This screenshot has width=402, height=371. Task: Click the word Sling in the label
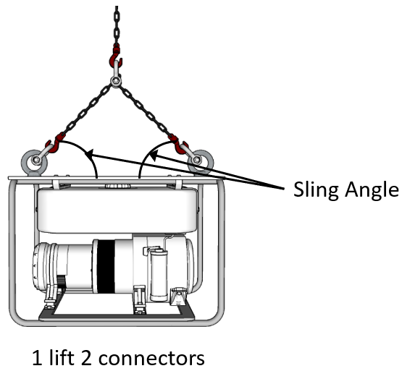pos(317,190)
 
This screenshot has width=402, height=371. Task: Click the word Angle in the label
pos(372,190)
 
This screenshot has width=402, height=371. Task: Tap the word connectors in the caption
pos(151,358)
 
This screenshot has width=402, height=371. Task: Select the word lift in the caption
pos(62,357)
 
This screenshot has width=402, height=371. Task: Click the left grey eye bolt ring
pos(34,162)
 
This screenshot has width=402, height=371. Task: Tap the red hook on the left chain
pos(54,143)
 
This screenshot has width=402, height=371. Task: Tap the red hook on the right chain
pos(178,144)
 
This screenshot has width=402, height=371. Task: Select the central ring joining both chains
pos(116,82)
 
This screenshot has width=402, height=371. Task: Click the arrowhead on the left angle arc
pos(88,154)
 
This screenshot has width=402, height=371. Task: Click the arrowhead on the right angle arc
pos(153,155)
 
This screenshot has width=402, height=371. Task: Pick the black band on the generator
pos(106,266)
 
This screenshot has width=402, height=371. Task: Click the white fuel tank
pos(117,210)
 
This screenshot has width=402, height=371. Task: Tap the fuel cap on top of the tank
pos(117,185)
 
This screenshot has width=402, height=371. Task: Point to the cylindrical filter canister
pos(159,276)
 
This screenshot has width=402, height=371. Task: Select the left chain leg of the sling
pos(87,110)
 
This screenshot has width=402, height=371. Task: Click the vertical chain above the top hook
pos(117,25)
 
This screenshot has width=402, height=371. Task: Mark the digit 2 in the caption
pos(86,358)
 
